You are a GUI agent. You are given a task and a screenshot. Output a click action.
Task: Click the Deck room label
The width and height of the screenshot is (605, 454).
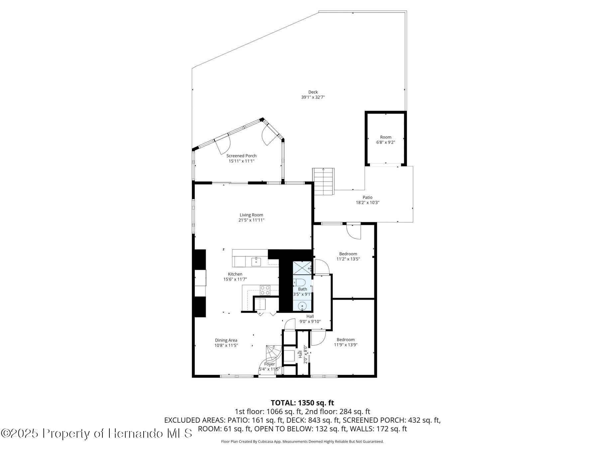(313, 92)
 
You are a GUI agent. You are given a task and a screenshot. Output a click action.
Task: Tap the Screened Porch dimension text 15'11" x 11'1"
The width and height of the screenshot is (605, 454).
(241, 161)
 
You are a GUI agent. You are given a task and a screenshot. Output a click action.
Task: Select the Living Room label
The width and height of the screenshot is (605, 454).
(251, 215)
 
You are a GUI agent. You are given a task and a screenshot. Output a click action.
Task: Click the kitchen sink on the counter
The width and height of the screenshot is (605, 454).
(256, 261)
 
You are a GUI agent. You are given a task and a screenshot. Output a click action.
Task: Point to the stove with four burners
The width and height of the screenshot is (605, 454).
(265, 290)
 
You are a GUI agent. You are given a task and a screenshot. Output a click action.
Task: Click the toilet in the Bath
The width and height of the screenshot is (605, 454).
(300, 282)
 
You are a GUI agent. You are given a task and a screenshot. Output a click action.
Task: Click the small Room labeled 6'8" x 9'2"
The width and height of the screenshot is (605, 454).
(386, 139)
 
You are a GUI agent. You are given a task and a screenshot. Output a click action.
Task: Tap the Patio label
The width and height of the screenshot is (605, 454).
(367, 197)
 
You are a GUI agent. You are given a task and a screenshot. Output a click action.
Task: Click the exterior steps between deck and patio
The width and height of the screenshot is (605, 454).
(323, 181)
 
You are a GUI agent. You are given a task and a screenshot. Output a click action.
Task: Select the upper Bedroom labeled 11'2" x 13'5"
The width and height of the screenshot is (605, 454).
(348, 256)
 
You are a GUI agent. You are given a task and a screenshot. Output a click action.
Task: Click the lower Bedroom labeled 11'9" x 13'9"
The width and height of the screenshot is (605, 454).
(345, 342)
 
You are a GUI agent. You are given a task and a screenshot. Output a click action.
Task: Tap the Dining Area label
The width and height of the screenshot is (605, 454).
(226, 340)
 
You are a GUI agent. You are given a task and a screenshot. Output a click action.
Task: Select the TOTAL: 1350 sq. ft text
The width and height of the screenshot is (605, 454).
(302, 403)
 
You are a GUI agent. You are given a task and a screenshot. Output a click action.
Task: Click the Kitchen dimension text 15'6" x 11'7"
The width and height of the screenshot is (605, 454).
(235, 279)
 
